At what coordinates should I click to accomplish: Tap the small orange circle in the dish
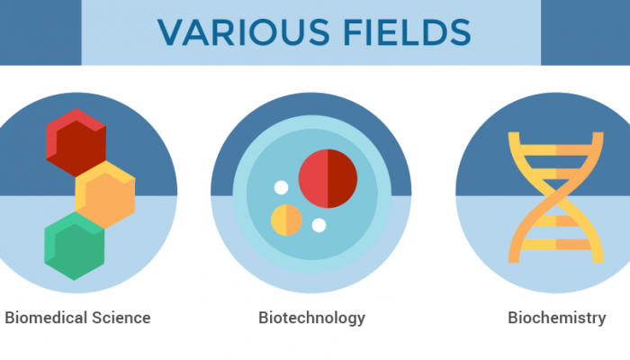click(x=286, y=220)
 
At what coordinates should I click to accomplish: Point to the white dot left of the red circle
click(x=281, y=188)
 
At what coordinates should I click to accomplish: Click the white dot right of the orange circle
click(x=319, y=225)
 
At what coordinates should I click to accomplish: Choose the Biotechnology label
click(x=311, y=318)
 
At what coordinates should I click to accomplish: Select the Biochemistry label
click(x=556, y=318)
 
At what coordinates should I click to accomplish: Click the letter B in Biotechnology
click(x=264, y=318)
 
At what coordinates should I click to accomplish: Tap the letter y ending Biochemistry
click(x=601, y=319)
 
